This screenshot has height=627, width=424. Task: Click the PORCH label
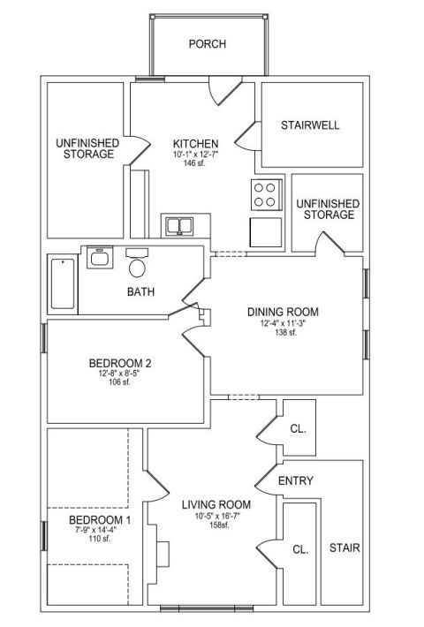pos(208,43)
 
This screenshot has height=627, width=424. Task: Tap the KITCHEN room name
pos(195,144)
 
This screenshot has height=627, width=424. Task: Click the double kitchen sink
pos(180,226)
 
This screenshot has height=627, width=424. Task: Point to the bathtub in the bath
pos(63,283)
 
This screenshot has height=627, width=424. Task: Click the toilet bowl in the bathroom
pos(137,268)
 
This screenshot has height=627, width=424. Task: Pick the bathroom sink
pos(100,258)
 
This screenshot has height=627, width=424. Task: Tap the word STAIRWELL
pos(310,125)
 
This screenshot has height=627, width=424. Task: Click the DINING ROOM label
pos(283,312)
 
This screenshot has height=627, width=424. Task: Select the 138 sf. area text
pos(285,332)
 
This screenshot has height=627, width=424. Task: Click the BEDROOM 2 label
pos(119,364)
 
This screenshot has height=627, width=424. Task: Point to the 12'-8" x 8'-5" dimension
pos(119,374)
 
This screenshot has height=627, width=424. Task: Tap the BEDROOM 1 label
pos(100,520)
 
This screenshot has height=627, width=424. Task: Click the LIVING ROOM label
pos(216,505)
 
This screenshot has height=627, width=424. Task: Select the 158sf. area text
pos(220,525)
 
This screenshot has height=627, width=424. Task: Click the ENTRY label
pos(296,480)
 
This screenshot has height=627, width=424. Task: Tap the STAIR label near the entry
pos(344,548)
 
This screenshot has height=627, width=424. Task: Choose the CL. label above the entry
pos(298,429)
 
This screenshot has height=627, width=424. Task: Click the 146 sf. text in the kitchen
pos(194,162)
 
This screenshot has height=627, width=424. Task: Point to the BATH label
pos(140,292)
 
